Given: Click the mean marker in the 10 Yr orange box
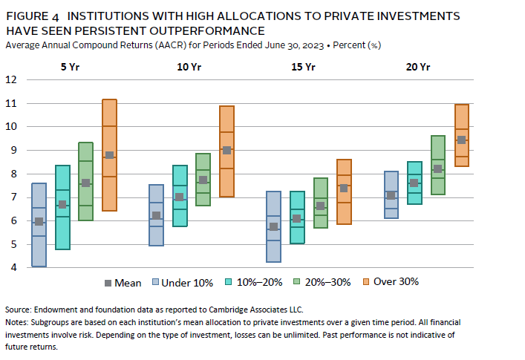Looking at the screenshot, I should tap(227, 150).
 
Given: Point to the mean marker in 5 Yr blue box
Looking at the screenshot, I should tap(39, 221).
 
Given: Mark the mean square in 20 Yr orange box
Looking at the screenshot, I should tap(461, 140).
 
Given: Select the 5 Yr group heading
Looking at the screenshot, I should tap(71, 67).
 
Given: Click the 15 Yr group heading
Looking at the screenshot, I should tap(304, 67).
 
